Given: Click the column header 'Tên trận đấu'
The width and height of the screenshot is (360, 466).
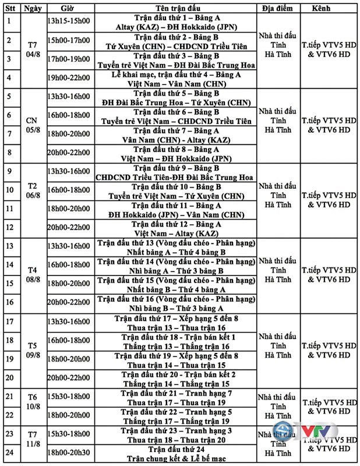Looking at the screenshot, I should tap(174, 9).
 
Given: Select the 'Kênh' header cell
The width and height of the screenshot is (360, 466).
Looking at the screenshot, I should tap(330, 9).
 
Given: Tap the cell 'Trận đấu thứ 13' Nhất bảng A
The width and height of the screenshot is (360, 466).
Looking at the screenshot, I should tap(174, 247).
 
